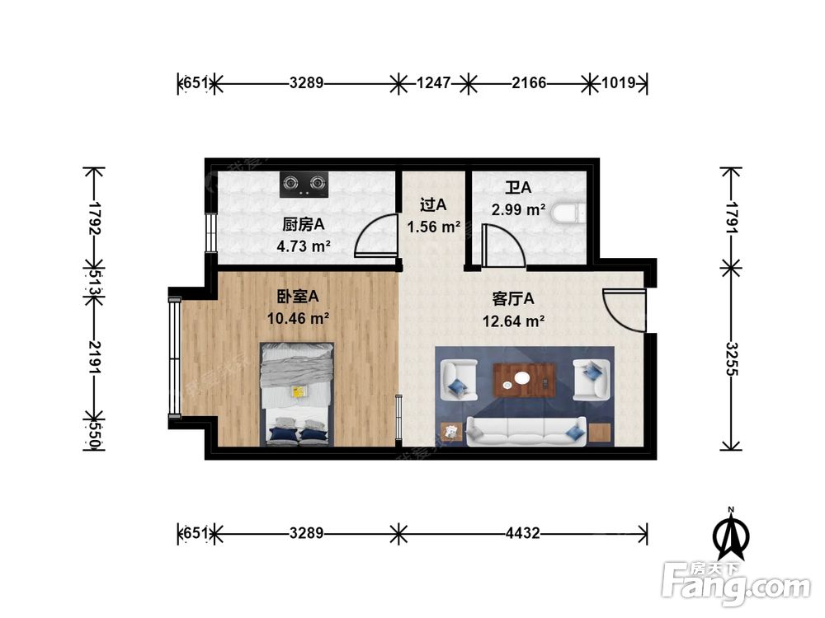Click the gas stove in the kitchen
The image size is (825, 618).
point(304,184)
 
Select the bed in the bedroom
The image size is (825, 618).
point(297,394)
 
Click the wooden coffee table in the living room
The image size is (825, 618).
point(524,380)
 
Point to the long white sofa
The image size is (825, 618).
point(526,430)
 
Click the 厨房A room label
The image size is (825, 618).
point(303,224)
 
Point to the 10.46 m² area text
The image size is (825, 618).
point(298,316)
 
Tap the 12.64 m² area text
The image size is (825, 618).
point(512,321)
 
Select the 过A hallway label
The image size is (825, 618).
point(432,204)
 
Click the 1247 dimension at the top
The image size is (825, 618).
point(434,83)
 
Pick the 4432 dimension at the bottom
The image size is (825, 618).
point(522,533)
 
